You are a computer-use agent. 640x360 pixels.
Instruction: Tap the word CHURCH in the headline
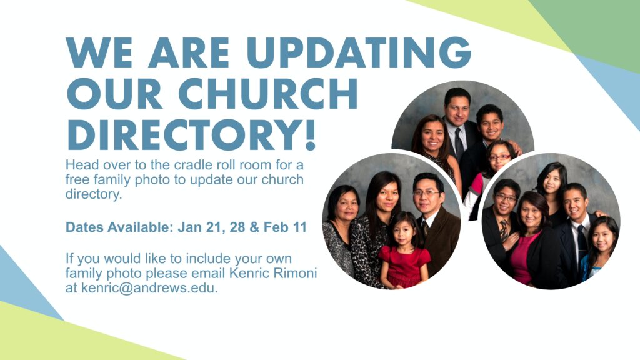(268, 94)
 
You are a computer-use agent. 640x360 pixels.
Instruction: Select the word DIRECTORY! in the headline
(191, 134)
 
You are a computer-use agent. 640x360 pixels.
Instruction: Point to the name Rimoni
(295, 273)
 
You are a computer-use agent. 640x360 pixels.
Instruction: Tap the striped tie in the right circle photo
(504, 231)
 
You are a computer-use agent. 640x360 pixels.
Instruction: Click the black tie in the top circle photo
(459, 144)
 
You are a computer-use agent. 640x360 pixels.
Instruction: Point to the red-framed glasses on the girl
(499, 157)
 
